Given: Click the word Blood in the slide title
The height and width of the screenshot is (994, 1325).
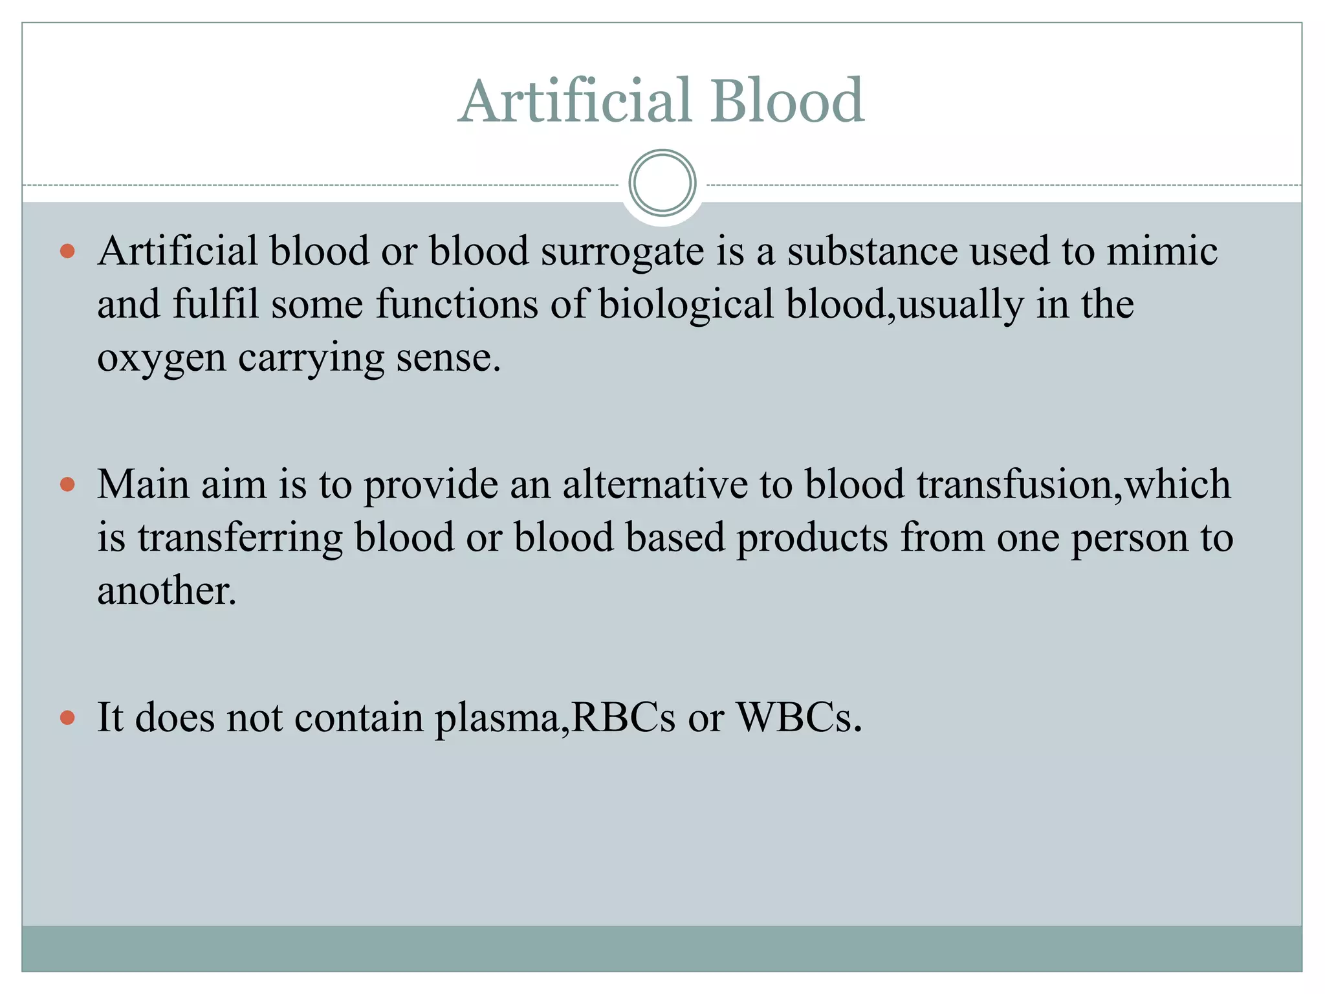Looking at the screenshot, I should tap(787, 101).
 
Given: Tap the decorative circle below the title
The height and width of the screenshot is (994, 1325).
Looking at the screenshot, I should tap(662, 183).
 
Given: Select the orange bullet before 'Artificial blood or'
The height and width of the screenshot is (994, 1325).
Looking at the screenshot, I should tap(67, 251).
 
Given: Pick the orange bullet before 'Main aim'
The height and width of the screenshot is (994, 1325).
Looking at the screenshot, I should tap(67, 485).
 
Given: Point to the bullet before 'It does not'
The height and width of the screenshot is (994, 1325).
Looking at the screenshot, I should tap(67, 718).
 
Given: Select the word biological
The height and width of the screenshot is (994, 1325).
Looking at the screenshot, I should tap(686, 305).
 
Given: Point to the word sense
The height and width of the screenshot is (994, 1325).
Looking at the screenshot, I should tap(448, 358).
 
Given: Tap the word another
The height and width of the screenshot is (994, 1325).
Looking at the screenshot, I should tap(166, 591).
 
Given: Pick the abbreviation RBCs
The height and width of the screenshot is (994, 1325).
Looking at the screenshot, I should tap(624, 718).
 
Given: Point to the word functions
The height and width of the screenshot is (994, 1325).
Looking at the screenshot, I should tap(457, 304).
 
